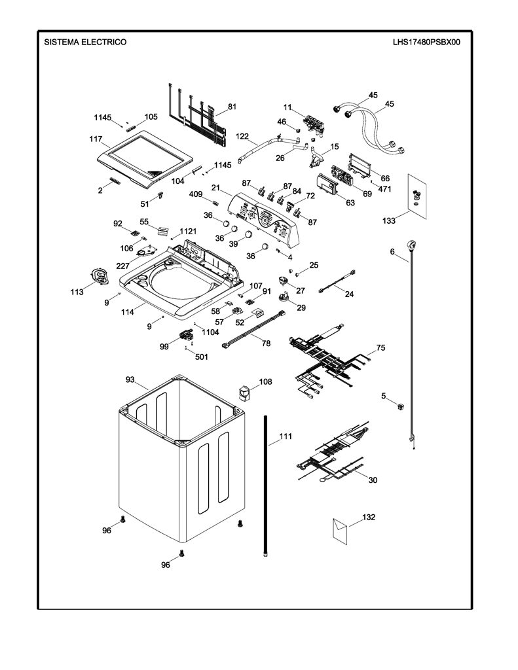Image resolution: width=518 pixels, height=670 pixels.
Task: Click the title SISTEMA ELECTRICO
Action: (86, 42)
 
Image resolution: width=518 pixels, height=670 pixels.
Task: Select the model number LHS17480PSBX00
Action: (427, 42)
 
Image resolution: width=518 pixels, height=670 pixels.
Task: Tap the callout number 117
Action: (96, 139)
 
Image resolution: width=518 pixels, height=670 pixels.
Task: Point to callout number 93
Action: (130, 379)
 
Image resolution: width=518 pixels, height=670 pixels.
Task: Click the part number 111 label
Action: (286, 436)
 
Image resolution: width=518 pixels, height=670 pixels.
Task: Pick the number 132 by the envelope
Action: (369, 517)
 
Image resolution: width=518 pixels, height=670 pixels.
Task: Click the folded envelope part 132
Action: (340, 531)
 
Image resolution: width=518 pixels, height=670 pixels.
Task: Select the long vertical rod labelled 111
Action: (266, 485)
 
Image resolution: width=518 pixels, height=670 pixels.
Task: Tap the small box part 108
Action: (244, 393)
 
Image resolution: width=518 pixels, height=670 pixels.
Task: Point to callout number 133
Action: (389, 220)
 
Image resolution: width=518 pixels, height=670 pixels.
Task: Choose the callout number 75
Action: (380, 347)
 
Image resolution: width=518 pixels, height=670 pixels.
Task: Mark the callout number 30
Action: (373, 480)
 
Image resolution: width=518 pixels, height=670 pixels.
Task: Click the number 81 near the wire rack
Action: (232, 107)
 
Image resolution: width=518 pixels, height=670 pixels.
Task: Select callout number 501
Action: (202, 357)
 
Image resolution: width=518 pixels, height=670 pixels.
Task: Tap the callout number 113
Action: (77, 292)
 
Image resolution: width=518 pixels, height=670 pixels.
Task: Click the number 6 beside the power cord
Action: (392, 252)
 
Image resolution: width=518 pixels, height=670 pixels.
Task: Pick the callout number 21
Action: (215, 188)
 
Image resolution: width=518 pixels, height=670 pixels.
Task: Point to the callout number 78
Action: (266, 343)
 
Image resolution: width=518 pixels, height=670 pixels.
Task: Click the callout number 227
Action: (122, 266)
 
